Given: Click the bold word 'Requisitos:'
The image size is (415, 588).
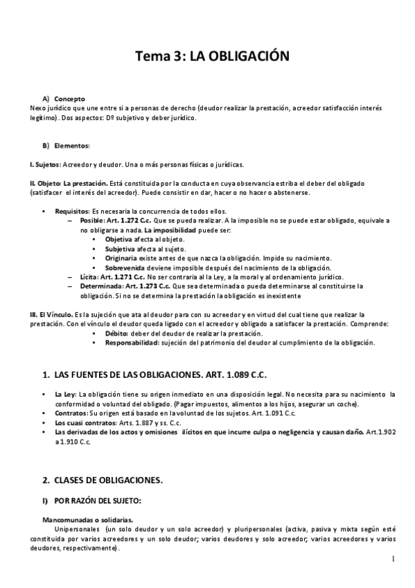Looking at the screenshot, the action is pyautogui.click(x=72, y=211).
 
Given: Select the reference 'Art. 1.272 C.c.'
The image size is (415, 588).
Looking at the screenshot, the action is pyautogui.click(x=130, y=220).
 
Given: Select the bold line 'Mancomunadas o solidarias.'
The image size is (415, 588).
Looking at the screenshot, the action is pyautogui.click(x=87, y=519).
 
